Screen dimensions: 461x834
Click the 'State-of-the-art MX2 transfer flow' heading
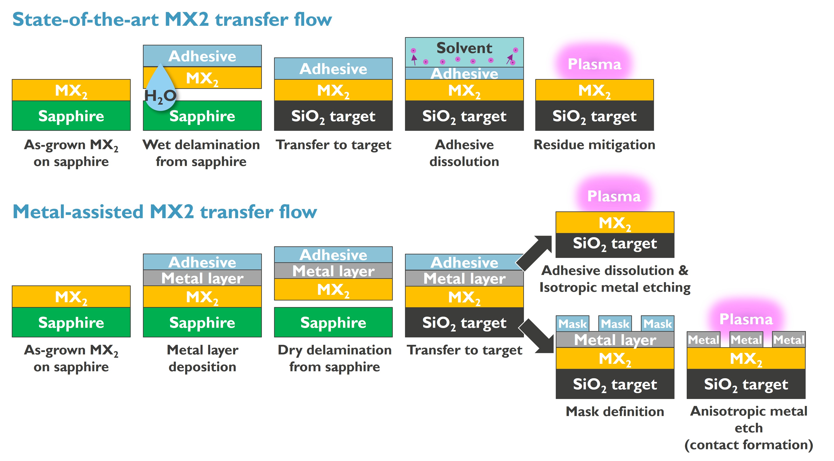point(172,19)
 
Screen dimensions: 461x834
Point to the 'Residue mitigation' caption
point(594,145)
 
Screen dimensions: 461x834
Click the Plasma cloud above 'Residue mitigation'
point(594,63)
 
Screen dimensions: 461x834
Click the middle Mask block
point(615,324)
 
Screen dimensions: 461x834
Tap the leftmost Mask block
point(572,324)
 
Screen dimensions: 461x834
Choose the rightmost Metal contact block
point(788,340)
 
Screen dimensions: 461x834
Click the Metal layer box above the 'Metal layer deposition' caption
point(202,278)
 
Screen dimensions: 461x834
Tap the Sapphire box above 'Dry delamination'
point(333,322)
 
